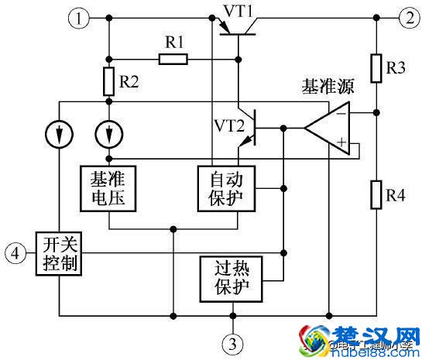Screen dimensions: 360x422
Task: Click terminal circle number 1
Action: (x=79, y=17)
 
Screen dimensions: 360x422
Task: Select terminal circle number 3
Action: (x=233, y=341)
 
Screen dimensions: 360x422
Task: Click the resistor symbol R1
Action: (x=172, y=58)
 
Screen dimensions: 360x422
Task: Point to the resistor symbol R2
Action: (x=108, y=79)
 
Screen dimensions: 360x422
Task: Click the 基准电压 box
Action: (x=109, y=187)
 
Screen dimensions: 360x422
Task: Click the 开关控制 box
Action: (x=59, y=252)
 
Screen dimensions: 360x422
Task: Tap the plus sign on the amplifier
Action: (x=341, y=143)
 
